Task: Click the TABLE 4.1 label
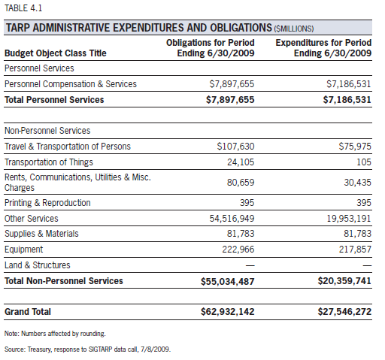point(23,8)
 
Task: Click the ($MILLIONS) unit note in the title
point(294,29)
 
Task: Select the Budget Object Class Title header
point(56,53)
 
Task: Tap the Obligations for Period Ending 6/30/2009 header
point(211,48)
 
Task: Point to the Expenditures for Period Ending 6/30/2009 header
point(323,48)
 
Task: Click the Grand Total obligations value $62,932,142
point(228,312)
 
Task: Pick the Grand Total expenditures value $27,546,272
point(344,312)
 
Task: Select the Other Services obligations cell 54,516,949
point(232,219)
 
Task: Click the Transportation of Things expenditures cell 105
point(364,162)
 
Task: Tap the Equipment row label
point(24,250)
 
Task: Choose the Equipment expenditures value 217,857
point(355,250)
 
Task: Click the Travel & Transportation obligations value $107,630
point(235,147)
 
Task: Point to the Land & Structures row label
point(38,265)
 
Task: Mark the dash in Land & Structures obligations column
point(250,265)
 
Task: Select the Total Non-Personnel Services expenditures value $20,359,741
point(344,281)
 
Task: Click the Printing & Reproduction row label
point(47,203)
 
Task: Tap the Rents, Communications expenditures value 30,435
point(357,183)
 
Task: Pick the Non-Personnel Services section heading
point(47,131)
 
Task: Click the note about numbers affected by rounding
point(55,334)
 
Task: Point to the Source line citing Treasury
point(87,349)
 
